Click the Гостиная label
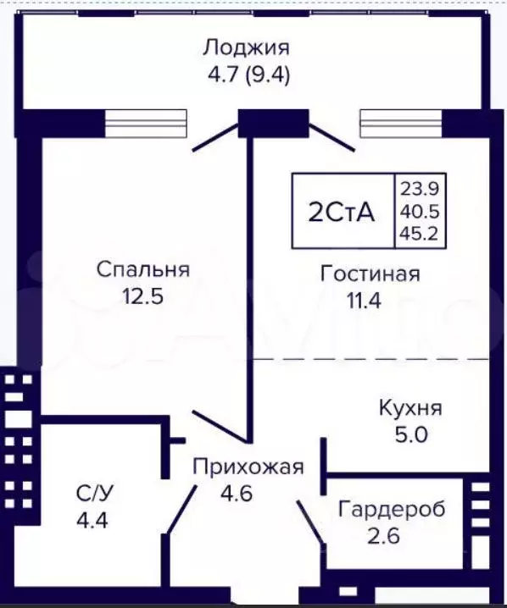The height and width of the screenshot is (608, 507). [370, 274]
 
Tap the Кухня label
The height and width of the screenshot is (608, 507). [409, 408]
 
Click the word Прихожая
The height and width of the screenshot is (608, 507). [248, 467]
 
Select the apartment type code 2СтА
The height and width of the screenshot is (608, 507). [341, 212]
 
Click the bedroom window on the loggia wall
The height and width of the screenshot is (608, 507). [145, 124]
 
